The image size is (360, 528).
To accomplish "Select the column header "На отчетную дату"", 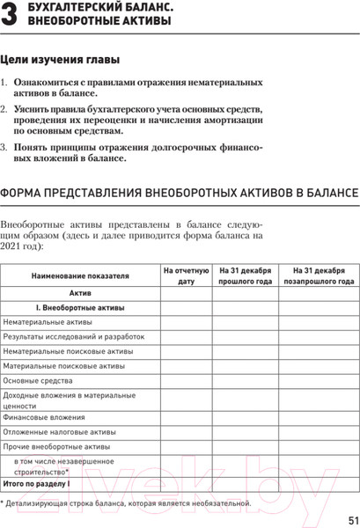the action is coord(185,275).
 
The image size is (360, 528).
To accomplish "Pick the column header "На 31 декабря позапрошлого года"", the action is coord(319,275).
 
